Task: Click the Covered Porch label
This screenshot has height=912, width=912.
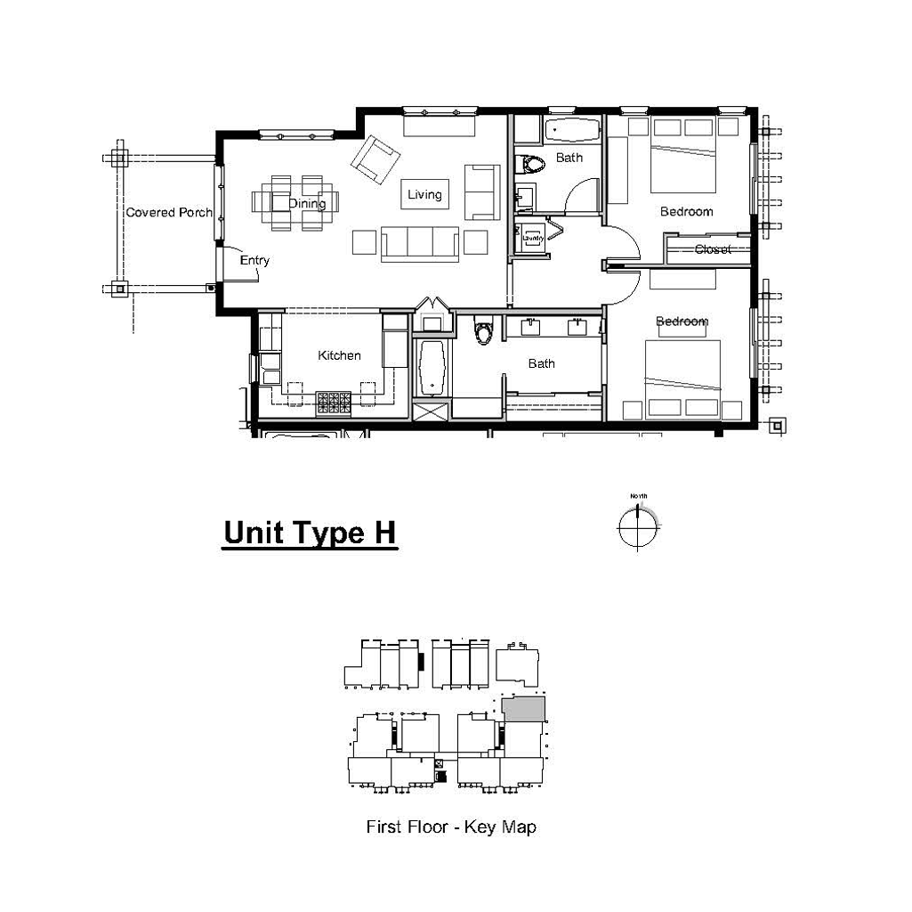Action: pos(169,213)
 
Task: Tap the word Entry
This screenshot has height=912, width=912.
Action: pos(254,260)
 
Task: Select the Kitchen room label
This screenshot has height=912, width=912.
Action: pos(340,355)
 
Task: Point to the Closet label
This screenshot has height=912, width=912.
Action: pos(713,249)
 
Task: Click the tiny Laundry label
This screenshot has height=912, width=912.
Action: pos(533,239)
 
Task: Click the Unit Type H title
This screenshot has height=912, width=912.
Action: pos(310,533)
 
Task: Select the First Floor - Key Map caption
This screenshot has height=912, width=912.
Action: pos(451,827)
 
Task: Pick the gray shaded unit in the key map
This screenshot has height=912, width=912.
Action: pos(523,709)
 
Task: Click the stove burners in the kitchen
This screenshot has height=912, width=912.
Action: pos(334,404)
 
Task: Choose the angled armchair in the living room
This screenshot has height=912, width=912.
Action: pos(375,157)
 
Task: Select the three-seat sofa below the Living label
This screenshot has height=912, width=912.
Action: pos(420,243)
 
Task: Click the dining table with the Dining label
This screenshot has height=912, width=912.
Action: pos(294,204)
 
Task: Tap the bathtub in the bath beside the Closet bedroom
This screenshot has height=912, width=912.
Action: pos(571,131)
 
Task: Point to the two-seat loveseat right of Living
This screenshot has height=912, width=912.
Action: pos(481,191)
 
